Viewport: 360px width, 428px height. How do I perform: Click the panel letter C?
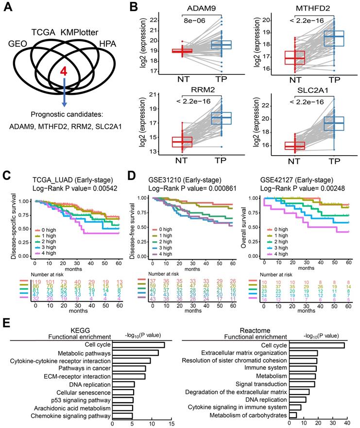[6, 174]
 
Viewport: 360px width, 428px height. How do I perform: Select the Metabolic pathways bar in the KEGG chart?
[136, 353]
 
